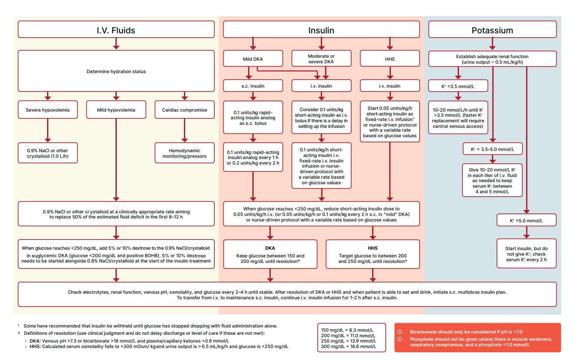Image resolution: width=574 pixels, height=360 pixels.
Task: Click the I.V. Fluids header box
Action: point(116,30)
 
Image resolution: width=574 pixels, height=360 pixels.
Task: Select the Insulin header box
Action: point(321,30)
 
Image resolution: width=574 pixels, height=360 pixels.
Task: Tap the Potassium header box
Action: point(492,30)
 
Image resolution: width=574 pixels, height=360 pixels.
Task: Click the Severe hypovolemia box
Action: point(47,109)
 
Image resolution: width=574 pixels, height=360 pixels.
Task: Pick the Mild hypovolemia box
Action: point(116,109)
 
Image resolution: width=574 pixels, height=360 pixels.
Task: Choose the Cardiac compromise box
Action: point(184,109)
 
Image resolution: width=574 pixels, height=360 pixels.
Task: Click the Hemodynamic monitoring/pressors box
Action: point(184,153)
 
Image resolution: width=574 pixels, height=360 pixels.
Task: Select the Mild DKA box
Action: point(253,59)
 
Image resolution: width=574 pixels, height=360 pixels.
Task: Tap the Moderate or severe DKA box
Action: point(321,59)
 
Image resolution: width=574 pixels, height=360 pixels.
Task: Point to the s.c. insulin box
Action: point(253,86)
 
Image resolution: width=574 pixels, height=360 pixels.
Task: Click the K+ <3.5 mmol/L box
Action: point(458,86)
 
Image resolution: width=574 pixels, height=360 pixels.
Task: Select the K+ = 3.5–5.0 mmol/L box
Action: point(492,149)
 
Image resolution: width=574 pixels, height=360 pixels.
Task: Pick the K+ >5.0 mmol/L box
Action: point(527,220)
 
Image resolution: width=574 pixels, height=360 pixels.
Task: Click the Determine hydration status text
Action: point(116,71)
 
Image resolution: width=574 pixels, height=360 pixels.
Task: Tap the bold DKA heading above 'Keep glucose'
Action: point(270,248)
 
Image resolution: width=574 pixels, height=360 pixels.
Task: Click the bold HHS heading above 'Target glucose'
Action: point(373,248)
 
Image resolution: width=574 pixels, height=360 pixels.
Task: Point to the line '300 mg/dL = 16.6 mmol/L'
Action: point(349,346)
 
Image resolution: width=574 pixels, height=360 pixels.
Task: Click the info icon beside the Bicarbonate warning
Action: point(399,332)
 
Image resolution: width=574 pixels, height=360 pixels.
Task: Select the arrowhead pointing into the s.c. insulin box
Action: point(249,77)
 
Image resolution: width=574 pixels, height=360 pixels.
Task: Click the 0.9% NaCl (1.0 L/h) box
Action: point(47,153)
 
